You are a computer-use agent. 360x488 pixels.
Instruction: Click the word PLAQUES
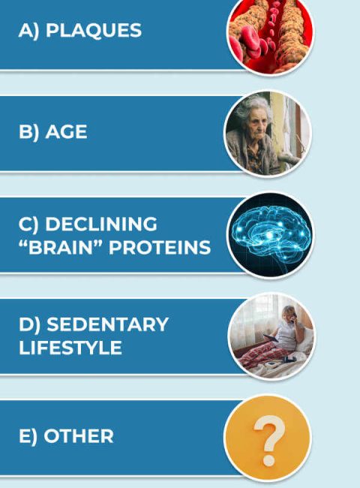[x=94, y=30]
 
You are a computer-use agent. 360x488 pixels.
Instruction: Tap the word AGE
[x=66, y=131]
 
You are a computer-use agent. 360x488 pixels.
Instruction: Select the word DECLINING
[x=101, y=224]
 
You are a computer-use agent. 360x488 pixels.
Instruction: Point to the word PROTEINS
[x=160, y=248]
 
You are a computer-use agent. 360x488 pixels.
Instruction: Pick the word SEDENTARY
[x=107, y=324]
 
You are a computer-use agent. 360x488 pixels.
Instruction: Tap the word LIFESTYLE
[x=70, y=348]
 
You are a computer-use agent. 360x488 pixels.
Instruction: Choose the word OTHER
[x=79, y=435]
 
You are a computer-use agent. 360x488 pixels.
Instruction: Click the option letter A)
[x=29, y=31]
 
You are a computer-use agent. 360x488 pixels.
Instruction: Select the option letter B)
[x=29, y=132]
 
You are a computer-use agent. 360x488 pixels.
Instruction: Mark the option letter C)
[x=28, y=224]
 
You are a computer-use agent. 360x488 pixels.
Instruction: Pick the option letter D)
[x=29, y=325]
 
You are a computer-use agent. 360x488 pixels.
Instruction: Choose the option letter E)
[x=28, y=436]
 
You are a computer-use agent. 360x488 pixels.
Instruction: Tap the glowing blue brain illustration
[x=271, y=238]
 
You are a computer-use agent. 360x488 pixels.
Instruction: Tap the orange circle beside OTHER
[x=268, y=438]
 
